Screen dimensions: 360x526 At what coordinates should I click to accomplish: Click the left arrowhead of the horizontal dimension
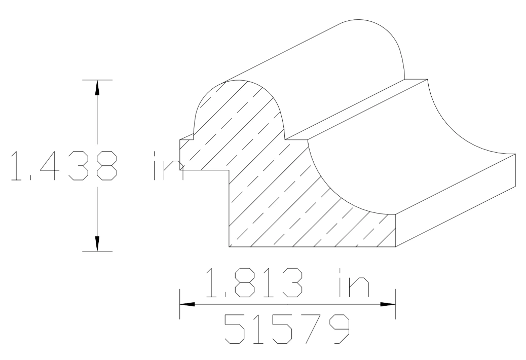(x=186, y=304)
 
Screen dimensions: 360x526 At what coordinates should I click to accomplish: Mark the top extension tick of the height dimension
(x=97, y=80)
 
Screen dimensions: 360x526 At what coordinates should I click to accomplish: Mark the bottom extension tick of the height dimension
(x=97, y=251)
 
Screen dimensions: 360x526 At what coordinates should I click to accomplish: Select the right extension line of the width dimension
(x=395, y=304)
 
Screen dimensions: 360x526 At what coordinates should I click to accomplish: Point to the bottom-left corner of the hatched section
(x=230, y=247)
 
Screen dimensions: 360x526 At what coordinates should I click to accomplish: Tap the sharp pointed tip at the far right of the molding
(x=514, y=153)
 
